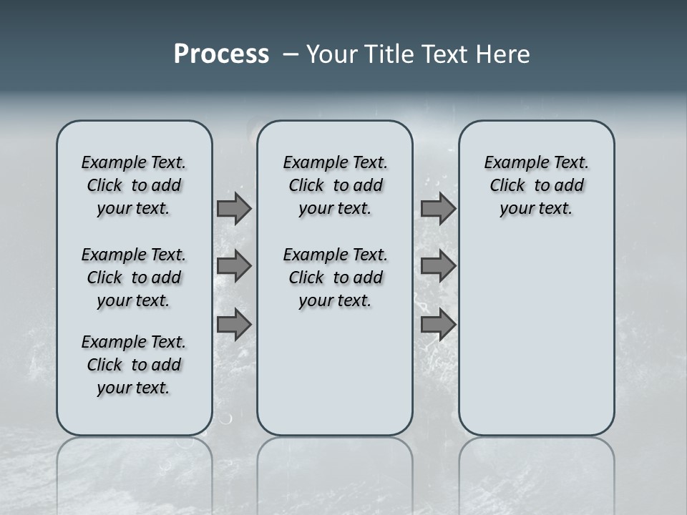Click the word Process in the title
pyautogui.click(x=221, y=54)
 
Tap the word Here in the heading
pyautogui.click(x=504, y=54)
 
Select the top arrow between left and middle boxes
pyautogui.click(x=234, y=208)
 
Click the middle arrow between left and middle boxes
pyautogui.click(x=234, y=266)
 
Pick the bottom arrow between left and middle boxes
pyautogui.click(x=234, y=325)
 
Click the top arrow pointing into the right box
pyautogui.click(x=438, y=208)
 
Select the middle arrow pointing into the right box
pyautogui.click(x=438, y=266)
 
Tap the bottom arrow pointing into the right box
pyautogui.click(x=438, y=325)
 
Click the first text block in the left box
pyautogui.click(x=134, y=185)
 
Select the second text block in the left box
pyautogui.click(x=134, y=278)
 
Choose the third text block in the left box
pyautogui.click(x=134, y=365)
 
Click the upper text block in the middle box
pyautogui.click(x=335, y=185)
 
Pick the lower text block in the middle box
pyautogui.click(x=335, y=278)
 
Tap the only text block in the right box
pyautogui.click(x=536, y=185)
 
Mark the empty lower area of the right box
pyautogui.click(x=536, y=336)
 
